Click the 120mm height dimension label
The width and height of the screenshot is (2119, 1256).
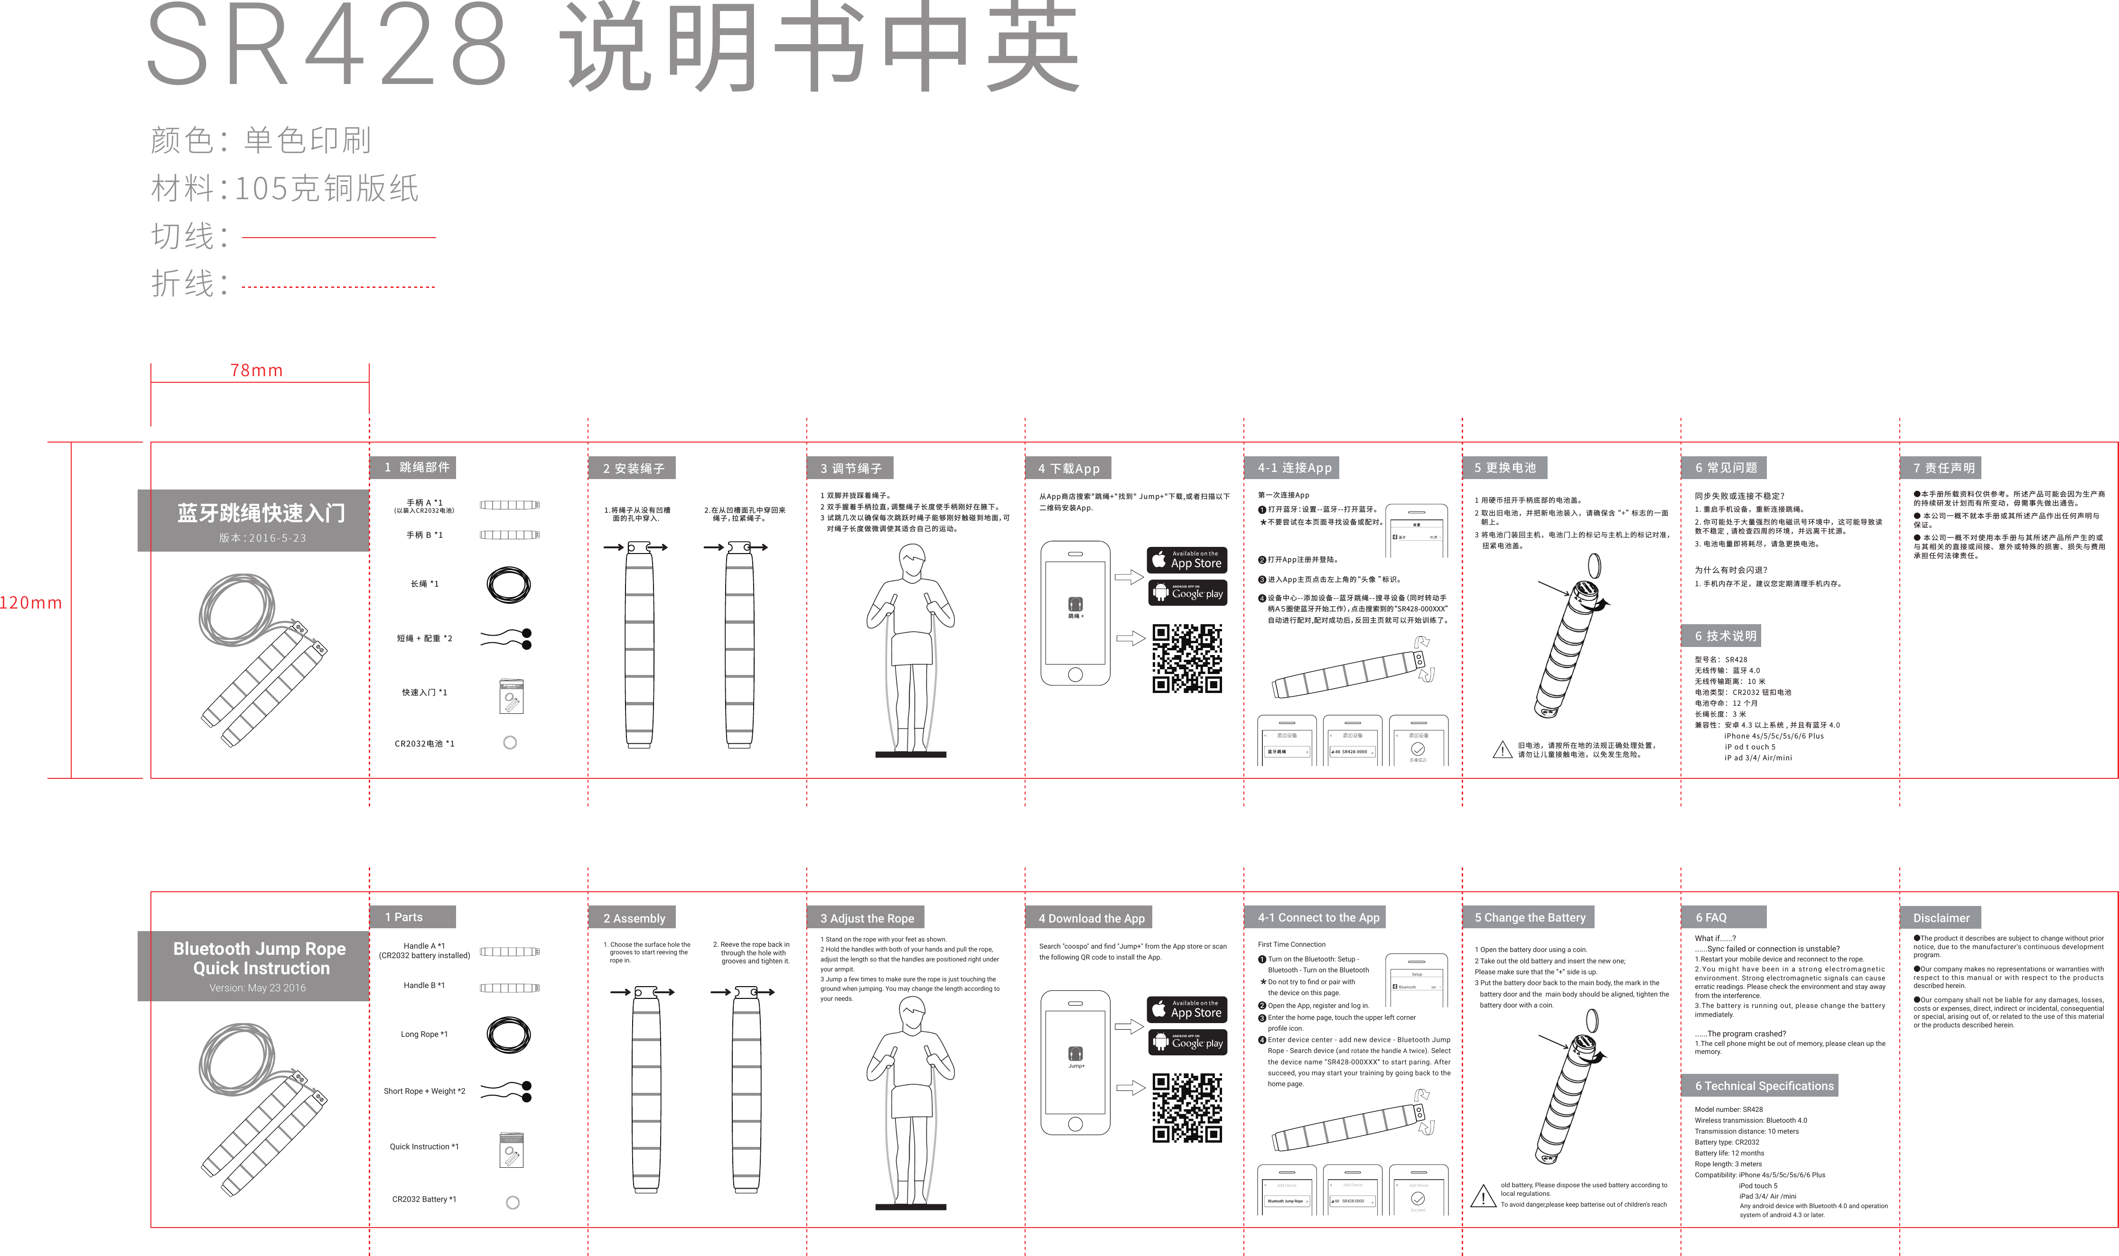click(x=31, y=602)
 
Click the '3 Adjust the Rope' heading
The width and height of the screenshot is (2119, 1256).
click(x=866, y=918)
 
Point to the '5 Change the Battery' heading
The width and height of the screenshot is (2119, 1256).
click(x=1529, y=917)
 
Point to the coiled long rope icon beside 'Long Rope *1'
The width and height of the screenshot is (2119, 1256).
click(x=509, y=1034)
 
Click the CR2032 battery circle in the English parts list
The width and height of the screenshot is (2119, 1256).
click(x=512, y=1203)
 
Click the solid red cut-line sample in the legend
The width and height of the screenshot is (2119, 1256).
click(x=339, y=238)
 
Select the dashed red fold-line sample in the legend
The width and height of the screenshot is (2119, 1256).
click(x=339, y=287)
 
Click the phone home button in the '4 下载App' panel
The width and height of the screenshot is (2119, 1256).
click(x=1075, y=674)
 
